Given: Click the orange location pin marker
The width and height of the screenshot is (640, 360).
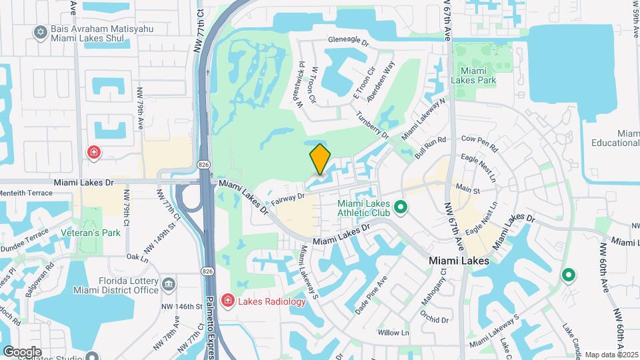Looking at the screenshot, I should [x=320, y=160].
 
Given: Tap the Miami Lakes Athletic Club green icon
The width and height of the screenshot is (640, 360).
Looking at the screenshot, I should [x=401, y=208].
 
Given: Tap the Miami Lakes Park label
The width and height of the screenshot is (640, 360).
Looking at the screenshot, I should [x=478, y=75].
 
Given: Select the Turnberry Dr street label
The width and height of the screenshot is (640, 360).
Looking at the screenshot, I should [x=373, y=124].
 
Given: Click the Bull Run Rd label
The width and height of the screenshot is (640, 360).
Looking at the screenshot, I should [x=429, y=148].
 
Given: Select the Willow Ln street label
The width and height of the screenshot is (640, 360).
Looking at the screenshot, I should [x=393, y=332].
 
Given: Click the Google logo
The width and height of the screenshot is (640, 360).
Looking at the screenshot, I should [x=21, y=351].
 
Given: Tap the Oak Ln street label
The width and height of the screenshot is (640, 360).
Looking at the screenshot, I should [x=136, y=256].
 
